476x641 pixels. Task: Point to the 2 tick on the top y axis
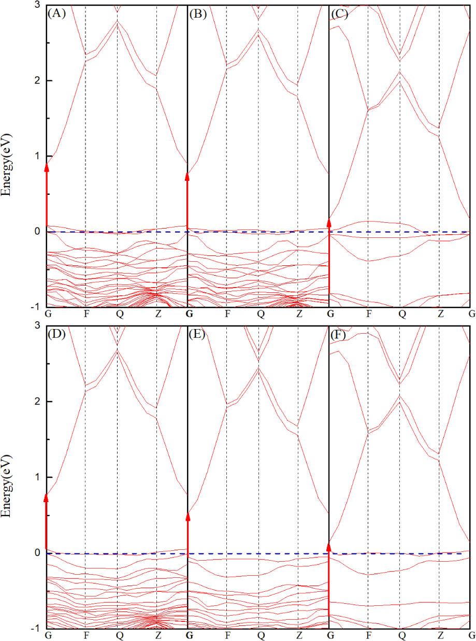[39, 80]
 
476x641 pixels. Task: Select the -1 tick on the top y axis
[37, 307]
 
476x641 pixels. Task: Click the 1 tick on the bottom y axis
[39, 477]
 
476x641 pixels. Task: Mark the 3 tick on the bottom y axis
[39, 325]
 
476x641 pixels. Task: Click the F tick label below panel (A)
[85, 314]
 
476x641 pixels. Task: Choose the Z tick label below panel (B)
[299, 314]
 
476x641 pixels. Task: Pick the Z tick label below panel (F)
[441, 635]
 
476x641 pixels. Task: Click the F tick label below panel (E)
[227, 635]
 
